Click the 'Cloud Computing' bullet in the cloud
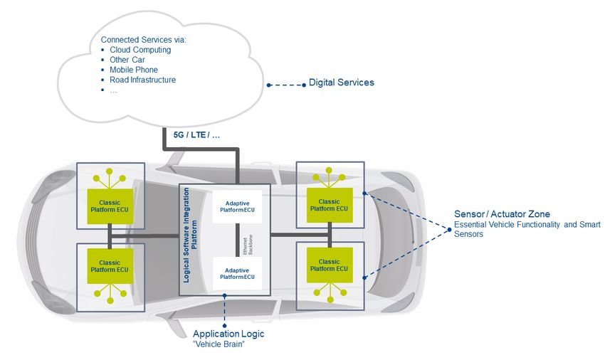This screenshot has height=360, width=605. coord(140,50)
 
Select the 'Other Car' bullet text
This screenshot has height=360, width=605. coord(127,60)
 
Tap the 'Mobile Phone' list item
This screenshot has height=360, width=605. coord(134,70)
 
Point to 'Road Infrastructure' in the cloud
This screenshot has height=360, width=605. coord(143,80)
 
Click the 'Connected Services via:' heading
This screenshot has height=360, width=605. coord(143,40)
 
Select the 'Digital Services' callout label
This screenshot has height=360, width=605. coord(342,83)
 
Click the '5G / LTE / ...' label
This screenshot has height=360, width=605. coord(196,135)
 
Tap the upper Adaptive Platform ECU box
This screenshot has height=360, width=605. coord(237,206)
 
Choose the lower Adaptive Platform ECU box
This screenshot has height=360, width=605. coord(237,273)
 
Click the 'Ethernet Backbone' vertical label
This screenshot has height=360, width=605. coord(248,245)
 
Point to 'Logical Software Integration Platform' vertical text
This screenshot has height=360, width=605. coord(190,235)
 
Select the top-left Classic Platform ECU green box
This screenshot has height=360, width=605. coord(110,206)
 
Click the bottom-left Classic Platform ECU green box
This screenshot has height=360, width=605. coord(110,266)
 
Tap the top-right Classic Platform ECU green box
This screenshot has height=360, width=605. coord(330,206)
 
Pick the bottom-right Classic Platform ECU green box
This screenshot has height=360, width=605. coord(330,265)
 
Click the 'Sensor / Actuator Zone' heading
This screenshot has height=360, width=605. coord(502,214)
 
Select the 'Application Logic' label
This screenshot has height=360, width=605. coord(228,334)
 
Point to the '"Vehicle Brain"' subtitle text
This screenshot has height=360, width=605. coord(219,344)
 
